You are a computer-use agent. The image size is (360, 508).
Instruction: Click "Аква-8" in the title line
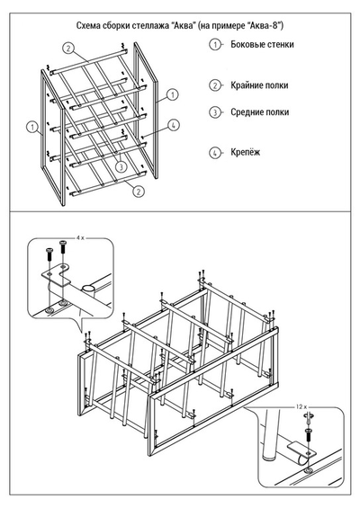click(265, 25)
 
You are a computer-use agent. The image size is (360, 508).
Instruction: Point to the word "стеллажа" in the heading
click(148, 25)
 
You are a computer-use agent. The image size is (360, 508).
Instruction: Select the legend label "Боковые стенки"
click(262, 44)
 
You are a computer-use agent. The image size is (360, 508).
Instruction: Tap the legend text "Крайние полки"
click(259, 85)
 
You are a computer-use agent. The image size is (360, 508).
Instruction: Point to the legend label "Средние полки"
click(259, 112)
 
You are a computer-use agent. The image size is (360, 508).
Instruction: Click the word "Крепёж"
click(245, 152)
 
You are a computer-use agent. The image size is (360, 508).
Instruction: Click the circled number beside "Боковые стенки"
click(215, 44)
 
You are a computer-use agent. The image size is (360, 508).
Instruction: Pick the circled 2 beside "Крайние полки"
click(215, 85)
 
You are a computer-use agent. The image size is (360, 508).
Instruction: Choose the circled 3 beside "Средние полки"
click(215, 112)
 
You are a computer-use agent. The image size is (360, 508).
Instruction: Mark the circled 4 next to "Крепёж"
click(215, 153)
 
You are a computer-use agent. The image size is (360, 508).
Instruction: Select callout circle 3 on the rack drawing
click(121, 167)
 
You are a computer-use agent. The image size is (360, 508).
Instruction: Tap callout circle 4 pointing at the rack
click(174, 125)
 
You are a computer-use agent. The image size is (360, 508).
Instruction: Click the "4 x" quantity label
click(80, 238)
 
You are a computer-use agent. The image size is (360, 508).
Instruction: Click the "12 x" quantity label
click(301, 406)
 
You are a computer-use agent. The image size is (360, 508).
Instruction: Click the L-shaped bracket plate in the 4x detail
click(57, 274)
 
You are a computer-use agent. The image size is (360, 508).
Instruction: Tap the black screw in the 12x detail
click(308, 434)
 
